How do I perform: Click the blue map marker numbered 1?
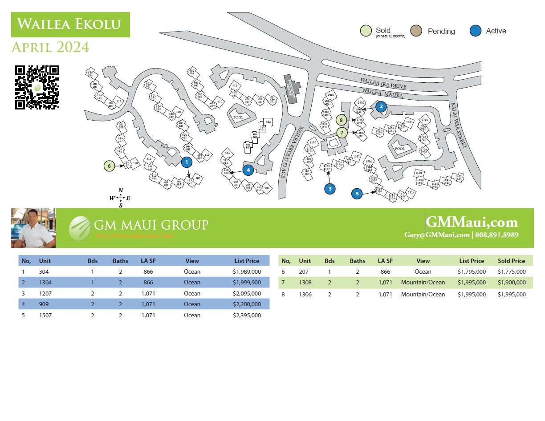point(187,162)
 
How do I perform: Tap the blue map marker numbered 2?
point(381,106)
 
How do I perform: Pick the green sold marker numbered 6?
point(109,166)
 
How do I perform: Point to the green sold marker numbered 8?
point(342,120)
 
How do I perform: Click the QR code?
point(37,87)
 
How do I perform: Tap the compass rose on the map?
point(121,198)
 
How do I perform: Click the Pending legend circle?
point(416,31)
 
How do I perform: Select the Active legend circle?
point(476,31)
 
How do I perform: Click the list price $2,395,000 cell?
point(247,315)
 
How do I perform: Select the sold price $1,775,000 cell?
point(512,271)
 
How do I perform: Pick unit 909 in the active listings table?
point(44,304)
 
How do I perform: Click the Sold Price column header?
point(512,261)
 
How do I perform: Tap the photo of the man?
point(33,228)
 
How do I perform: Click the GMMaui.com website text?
point(472,222)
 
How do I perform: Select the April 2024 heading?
point(50,47)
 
